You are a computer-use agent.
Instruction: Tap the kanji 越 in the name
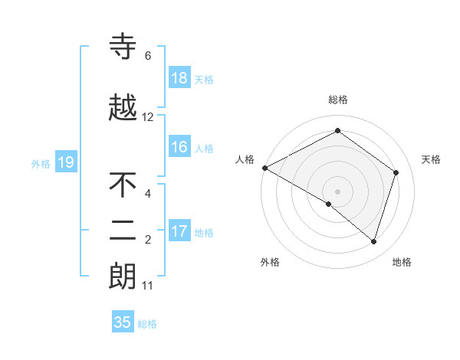click(x=123, y=108)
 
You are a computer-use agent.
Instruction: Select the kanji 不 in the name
click(x=123, y=185)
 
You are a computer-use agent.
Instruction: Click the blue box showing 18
click(x=179, y=78)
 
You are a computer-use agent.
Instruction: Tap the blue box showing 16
click(x=179, y=147)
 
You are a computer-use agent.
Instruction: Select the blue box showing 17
click(x=179, y=231)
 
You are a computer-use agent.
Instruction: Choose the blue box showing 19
click(x=65, y=162)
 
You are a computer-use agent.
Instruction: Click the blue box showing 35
click(x=123, y=322)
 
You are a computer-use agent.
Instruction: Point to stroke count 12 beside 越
click(x=148, y=117)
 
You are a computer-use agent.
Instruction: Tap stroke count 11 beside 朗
click(x=148, y=286)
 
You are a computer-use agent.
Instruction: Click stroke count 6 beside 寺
click(x=148, y=56)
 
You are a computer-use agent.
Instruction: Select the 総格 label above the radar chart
click(x=337, y=100)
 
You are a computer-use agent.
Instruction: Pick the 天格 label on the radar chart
click(x=431, y=159)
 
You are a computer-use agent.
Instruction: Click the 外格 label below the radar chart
click(x=270, y=262)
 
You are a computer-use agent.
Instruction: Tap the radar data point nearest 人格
click(x=264, y=168)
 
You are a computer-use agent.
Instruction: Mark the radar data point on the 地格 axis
click(x=373, y=241)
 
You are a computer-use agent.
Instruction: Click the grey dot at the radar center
click(x=337, y=191)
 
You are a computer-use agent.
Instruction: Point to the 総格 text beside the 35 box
click(x=148, y=324)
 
